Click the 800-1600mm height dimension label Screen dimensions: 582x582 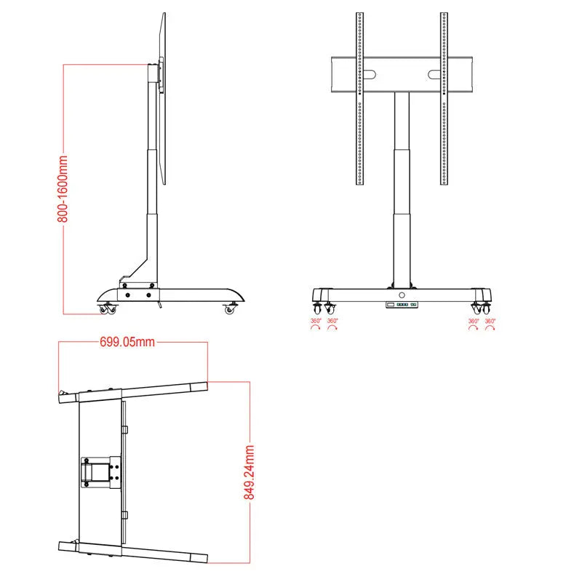(x=63, y=188)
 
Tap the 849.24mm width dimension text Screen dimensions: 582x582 (x=250, y=472)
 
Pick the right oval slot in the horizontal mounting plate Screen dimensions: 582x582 (x=434, y=73)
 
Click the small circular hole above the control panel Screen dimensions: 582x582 (x=401, y=295)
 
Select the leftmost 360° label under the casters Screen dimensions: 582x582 (x=316, y=321)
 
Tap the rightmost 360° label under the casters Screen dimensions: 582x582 (x=490, y=321)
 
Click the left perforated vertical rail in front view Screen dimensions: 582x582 (x=359, y=98)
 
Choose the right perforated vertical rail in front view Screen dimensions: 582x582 (x=444, y=98)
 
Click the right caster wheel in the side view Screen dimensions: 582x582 (x=231, y=309)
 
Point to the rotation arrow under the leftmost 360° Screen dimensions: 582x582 (x=316, y=329)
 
